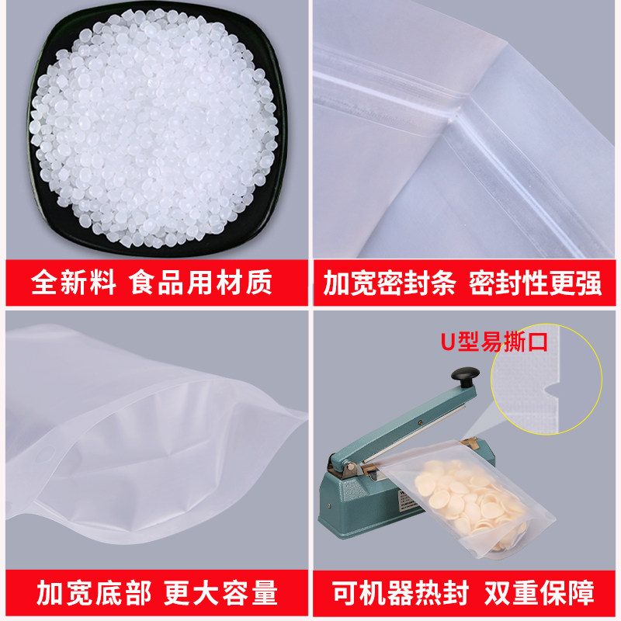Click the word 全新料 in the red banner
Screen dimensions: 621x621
(x=73, y=282)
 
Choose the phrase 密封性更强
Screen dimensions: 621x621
(x=536, y=283)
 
